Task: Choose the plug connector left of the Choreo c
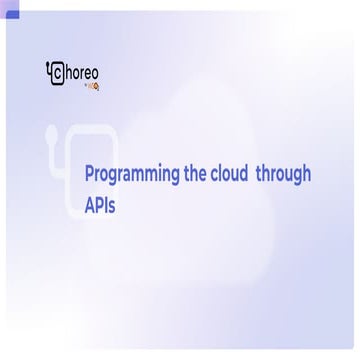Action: tap(50, 69)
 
